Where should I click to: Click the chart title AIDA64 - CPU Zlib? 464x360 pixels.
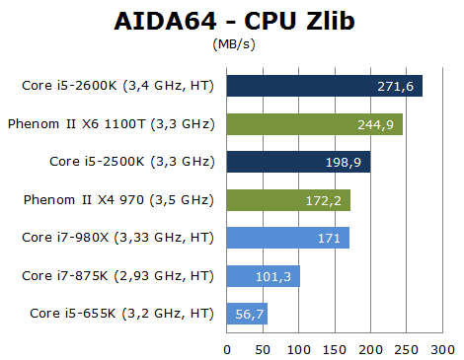point(232,21)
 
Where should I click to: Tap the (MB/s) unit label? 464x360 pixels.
point(232,44)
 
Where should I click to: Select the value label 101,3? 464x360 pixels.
point(277,276)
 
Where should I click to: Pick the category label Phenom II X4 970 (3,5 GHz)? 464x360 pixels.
point(118,200)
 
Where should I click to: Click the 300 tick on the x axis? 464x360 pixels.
point(442,348)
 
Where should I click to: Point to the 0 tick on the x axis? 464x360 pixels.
point(227,348)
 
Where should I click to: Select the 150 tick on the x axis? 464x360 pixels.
point(335,348)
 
